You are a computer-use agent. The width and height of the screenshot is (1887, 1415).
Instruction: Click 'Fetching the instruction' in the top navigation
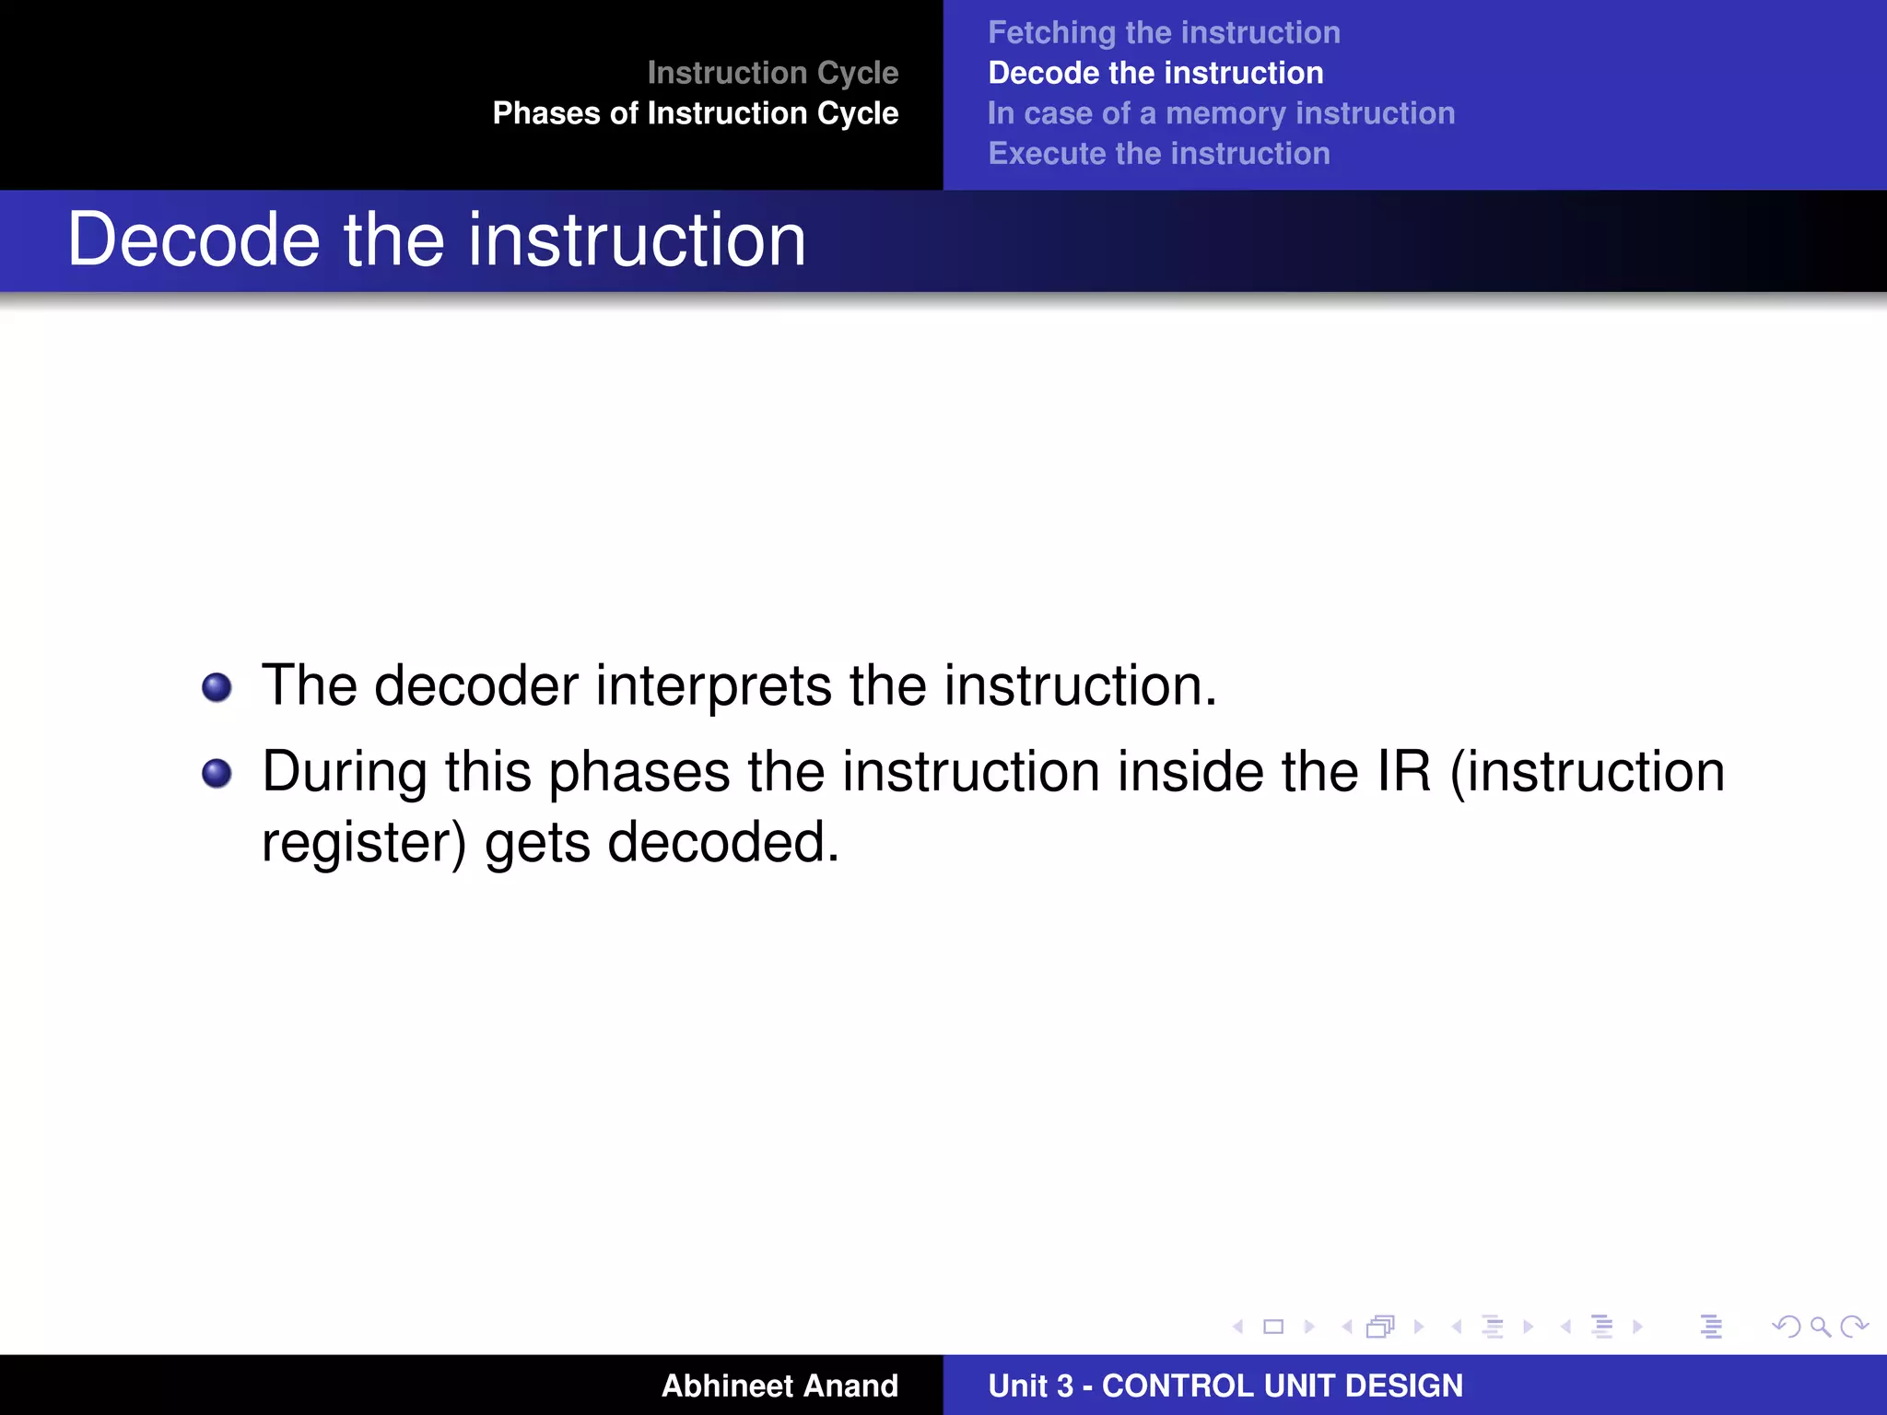[1164, 33]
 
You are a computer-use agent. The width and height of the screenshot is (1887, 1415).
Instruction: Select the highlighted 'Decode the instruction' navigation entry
[1155, 74]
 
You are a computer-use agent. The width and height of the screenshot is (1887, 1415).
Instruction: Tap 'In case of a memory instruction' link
[1221, 113]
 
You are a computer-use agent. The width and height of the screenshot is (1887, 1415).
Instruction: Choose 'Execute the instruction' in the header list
[1159, 154]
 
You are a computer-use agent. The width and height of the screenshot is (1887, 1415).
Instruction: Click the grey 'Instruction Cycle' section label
[772, 73]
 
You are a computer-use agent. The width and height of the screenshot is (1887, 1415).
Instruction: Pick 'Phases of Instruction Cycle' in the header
[695, 113]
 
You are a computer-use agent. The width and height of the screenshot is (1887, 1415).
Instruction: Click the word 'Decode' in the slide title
[193, 240]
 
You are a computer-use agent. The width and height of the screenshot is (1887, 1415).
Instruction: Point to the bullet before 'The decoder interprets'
[217, 687]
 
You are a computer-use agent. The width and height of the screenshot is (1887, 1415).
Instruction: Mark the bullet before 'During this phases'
[217, 773]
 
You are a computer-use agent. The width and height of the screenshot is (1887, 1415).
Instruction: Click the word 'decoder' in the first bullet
[475, 686]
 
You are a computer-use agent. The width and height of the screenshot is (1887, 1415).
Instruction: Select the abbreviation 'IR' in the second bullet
[1404, 772]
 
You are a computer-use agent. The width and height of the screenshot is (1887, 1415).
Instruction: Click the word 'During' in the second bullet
[345, 772]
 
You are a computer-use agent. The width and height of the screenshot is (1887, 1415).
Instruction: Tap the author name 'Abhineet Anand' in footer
[779, 1386]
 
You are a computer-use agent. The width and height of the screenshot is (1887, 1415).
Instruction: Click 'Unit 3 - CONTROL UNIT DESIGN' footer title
[1225, 1386]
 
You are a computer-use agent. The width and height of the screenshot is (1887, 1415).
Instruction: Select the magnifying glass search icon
[1820, 1327]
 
